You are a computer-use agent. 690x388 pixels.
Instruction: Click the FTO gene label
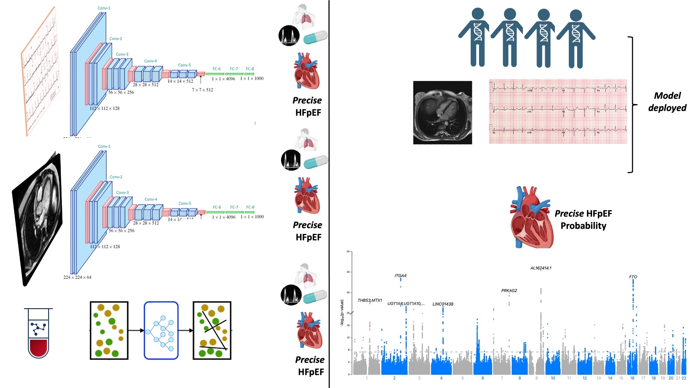tap(633, 277)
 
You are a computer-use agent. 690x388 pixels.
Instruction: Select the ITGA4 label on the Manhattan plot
tap(400, 276)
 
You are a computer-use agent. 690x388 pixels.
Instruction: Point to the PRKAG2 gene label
tap(509, 291)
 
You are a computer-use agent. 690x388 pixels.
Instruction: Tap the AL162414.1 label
tap(540, 268)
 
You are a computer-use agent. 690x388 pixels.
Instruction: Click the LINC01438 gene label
tap(443, 304)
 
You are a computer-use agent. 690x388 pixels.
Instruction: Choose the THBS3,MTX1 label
tap(369, 300)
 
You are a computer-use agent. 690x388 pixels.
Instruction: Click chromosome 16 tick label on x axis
tap(632, 378)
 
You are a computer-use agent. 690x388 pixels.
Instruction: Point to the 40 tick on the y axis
tap(348, 272)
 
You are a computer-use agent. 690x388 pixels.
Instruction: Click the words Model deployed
tap(667, 102)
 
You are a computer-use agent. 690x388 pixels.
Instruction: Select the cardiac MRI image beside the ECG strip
tap(442, 112)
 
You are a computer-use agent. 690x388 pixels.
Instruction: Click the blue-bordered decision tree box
tap(161, 331)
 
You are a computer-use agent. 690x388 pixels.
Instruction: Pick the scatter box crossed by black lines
tap(212, 331)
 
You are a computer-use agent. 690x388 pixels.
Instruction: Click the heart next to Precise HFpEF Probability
tap(532, 217)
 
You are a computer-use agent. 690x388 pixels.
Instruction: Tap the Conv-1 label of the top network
tap(104, 8)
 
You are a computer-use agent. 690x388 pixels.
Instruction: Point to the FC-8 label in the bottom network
tap(250, 207)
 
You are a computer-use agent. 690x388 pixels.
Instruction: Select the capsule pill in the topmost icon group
tap(315, 37)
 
